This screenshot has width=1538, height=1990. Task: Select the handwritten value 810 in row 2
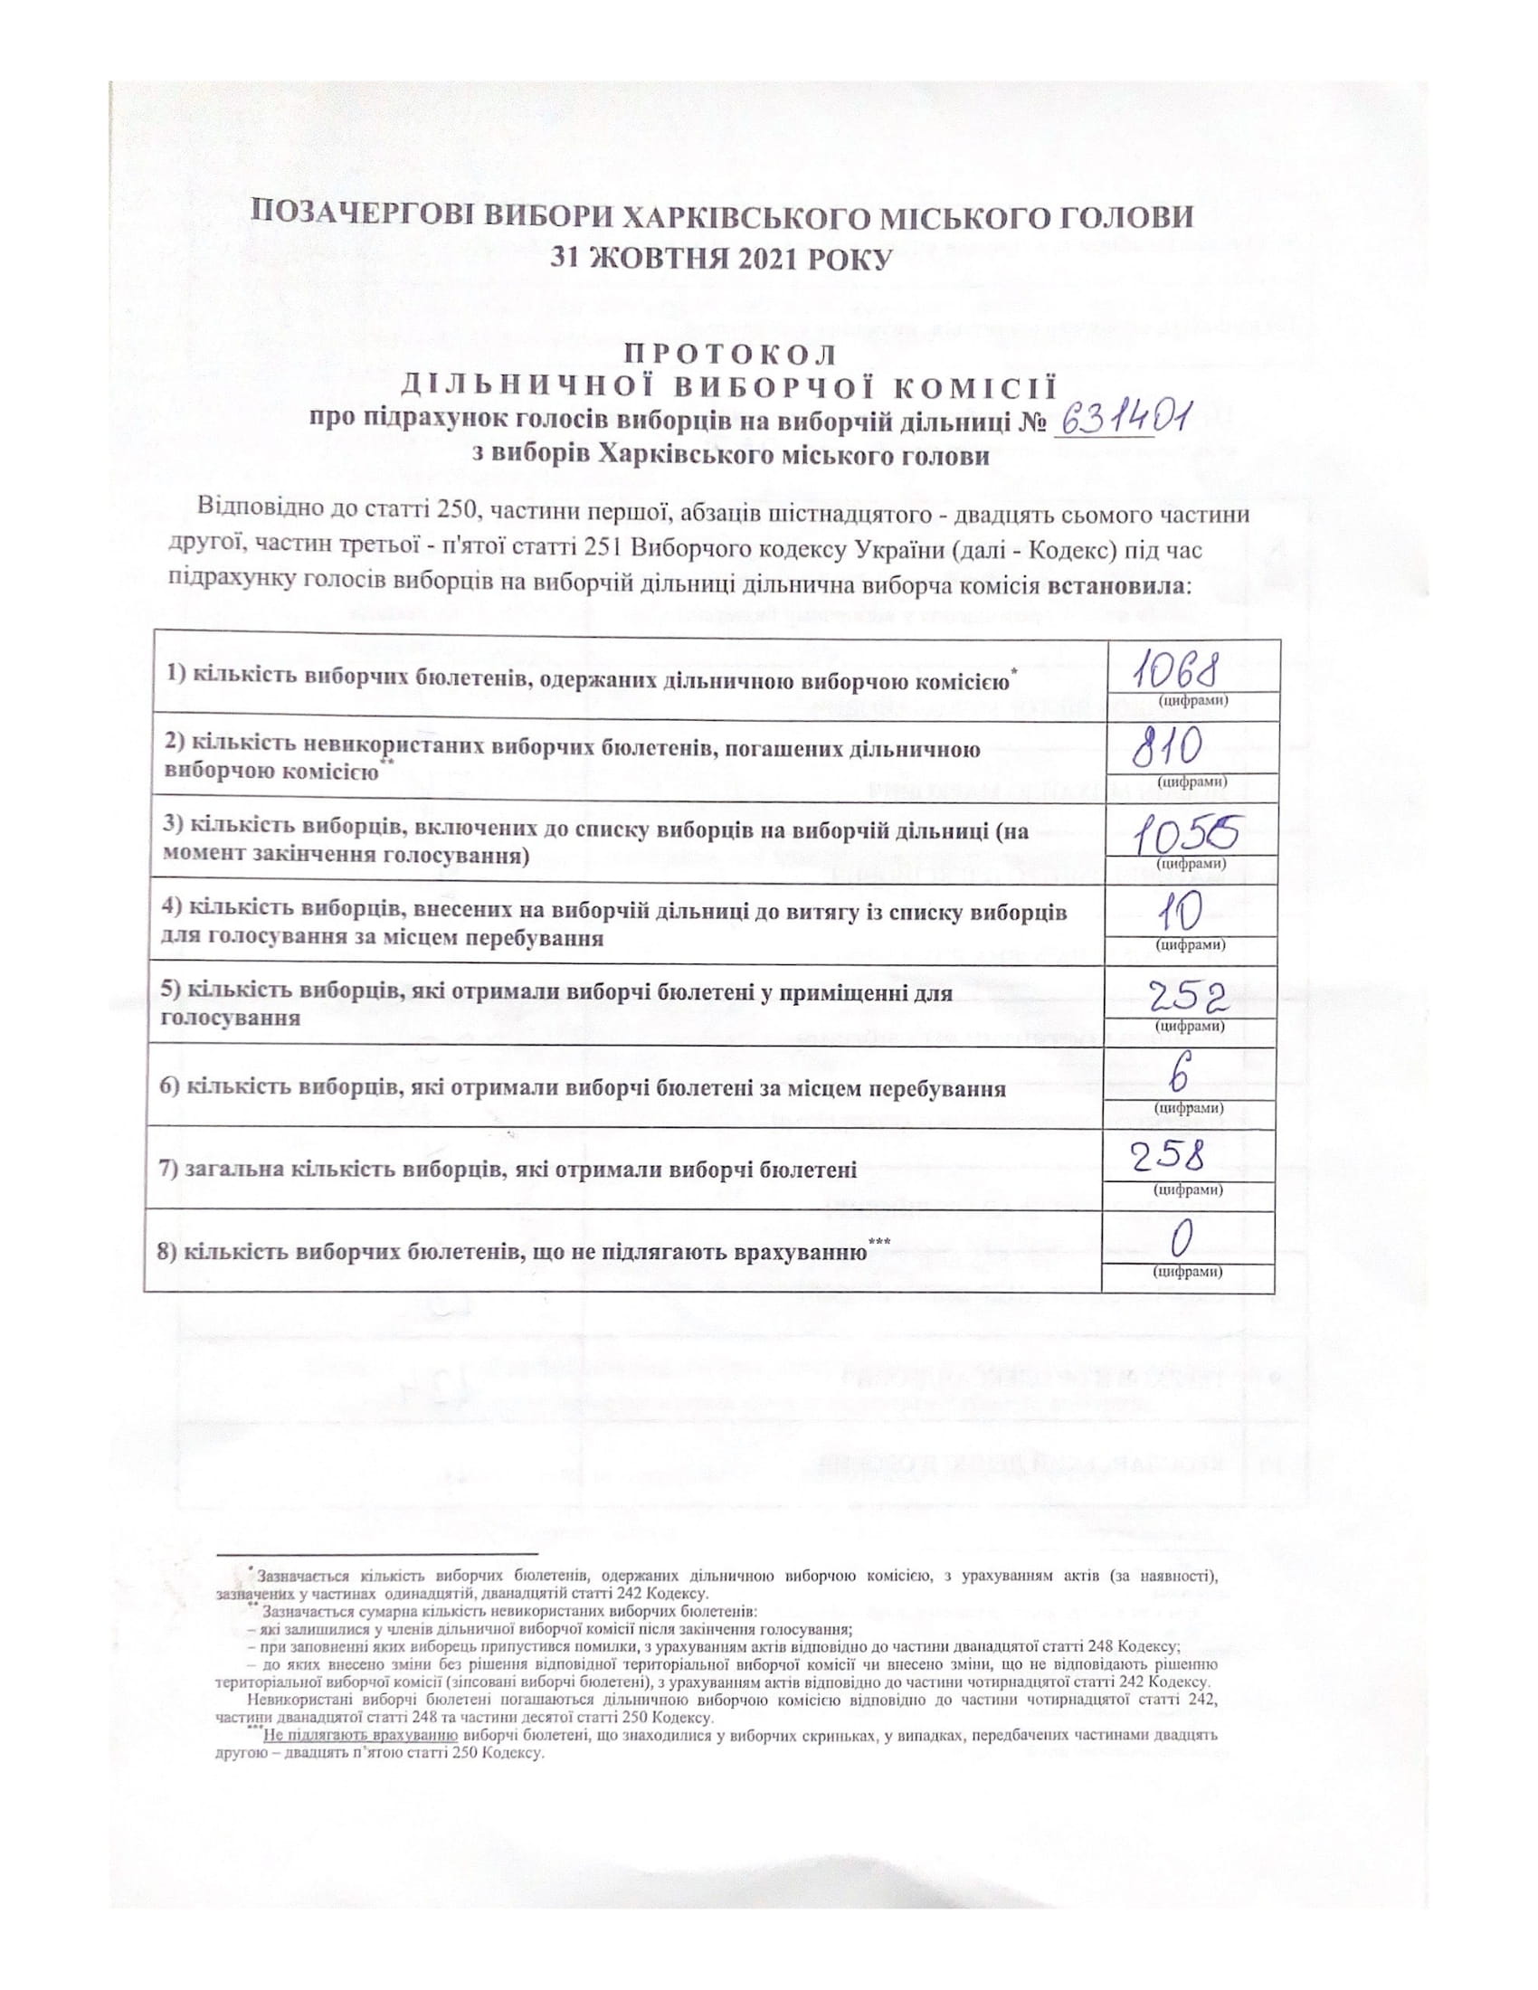[x=1169, y=753]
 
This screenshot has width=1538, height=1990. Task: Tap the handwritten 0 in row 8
[x=1182, y=1239]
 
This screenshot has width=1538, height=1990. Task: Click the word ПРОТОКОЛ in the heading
[x=727, y=354]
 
